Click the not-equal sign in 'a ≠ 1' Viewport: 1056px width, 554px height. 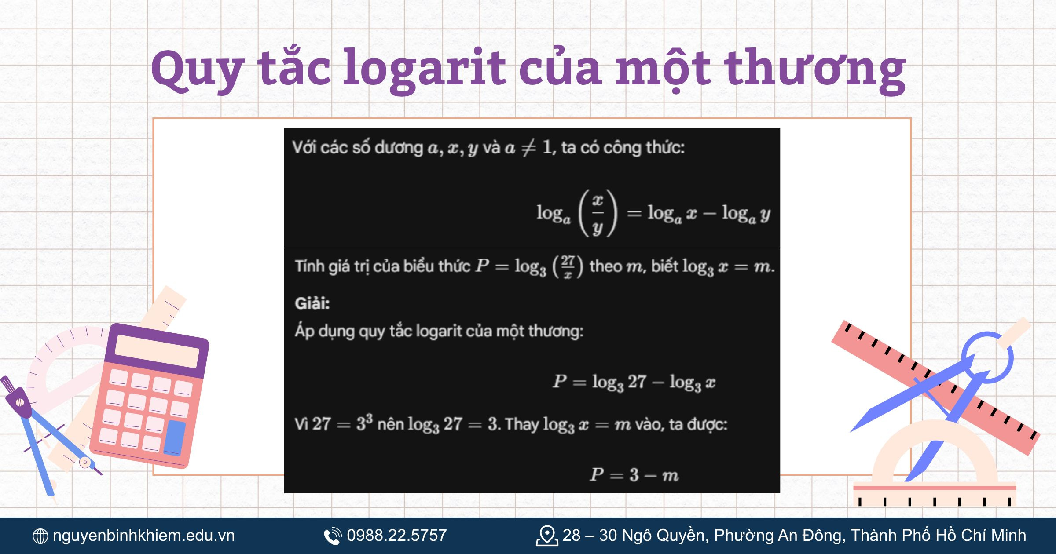point(528,148)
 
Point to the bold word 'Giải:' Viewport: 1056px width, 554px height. point(312,303)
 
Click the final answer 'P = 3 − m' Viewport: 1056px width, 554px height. point(634,475)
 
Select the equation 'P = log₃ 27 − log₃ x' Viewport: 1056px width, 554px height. point(634,382)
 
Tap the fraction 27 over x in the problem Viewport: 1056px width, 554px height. point(568,266)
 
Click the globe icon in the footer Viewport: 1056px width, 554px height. point(40,536)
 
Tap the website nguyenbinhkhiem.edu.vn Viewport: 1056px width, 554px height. point(143,536)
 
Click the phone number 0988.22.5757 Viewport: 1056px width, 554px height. point(396,536)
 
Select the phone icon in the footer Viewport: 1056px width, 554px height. point(332,536)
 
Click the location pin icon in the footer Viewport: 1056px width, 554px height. point(546,536)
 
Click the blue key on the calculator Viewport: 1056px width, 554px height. point(175,437)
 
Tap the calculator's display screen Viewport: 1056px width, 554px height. point(157,351)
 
